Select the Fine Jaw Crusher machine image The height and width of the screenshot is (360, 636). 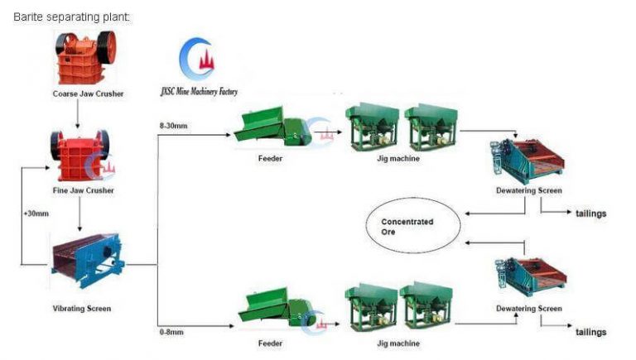(79, 155)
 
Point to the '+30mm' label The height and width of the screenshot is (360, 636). (37, 214)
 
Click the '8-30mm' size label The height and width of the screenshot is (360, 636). (175, 126)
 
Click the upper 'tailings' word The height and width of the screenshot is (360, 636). (590, 214)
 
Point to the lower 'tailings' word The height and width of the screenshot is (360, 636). (590, 332)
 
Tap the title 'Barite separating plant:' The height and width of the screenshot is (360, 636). (72, 17)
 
